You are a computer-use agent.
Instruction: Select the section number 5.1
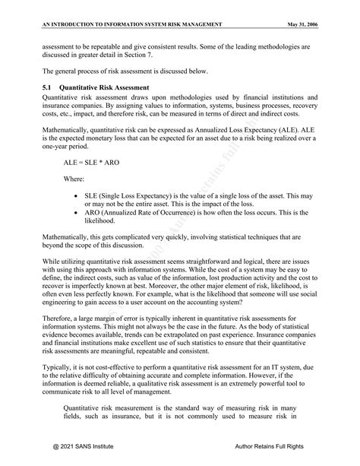(x=48, y=88)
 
